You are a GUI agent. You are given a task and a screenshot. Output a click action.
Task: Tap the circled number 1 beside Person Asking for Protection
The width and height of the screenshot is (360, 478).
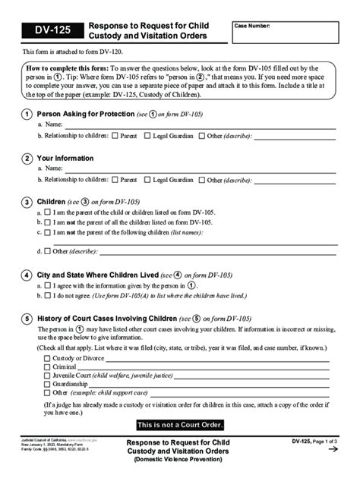pyautogui.click(x=27, y=114)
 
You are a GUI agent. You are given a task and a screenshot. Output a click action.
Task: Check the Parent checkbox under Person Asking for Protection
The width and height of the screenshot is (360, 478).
pyautogui.click(x=115, y=136)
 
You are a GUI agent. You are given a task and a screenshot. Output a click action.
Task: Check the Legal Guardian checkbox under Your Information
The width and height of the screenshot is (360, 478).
pyautogui.click(x=147, y=181)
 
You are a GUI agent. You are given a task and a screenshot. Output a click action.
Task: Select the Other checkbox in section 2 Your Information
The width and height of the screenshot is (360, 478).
pyautogui.click(x=202, y=181)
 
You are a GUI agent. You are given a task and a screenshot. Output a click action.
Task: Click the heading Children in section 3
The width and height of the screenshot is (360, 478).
pyautogui.click(x=52, y=203)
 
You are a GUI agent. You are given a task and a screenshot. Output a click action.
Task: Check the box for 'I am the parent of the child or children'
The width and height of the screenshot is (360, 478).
pyautogui.click(x=47, y=213)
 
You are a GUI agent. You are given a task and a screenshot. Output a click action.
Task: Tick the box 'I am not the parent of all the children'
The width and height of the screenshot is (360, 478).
pyautogui.click(x=47, y=222)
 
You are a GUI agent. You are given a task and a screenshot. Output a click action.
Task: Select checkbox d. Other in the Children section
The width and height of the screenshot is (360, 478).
pyautogui.click(x=47, y=250)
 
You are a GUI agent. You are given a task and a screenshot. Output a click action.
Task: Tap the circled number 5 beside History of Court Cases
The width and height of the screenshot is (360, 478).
pyautogui.click(x=27, y=319)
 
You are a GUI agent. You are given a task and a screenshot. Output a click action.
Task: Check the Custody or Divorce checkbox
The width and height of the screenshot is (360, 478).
pyautogui.click(x=47, y=357)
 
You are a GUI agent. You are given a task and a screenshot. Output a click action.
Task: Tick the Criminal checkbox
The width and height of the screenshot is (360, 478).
pyautogui.click(x=47, y=366)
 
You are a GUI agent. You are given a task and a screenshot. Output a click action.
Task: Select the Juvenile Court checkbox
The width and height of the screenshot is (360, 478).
pyautogui.click(x=47, y=376)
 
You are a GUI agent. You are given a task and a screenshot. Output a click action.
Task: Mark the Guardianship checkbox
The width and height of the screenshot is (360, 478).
pyautogui.click(x=47, y=385)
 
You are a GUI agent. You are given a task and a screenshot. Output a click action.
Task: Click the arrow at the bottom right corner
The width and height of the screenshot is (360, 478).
pyautogui.click(x=333, y=450)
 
